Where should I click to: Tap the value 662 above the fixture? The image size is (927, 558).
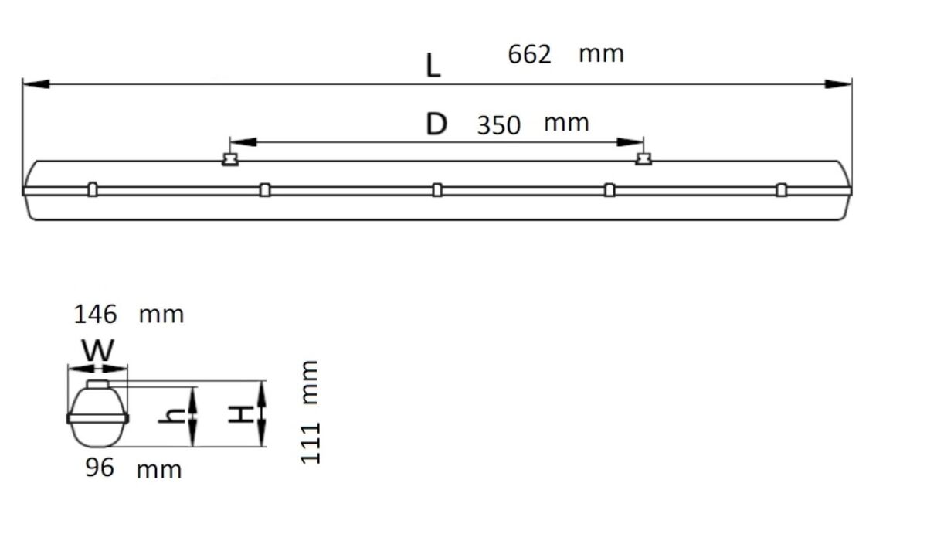[530, 54]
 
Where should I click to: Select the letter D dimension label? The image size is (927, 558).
[436, 124]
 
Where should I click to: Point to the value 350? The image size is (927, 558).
[498, 125]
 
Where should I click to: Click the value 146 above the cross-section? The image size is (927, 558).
[95, 315]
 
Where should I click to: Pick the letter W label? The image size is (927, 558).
[98, 352]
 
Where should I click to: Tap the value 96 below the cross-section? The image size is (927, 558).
[100, 468]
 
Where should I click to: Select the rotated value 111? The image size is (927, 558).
[310, 444]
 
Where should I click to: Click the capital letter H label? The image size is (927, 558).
[241, 415]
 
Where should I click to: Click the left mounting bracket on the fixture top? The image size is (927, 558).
[229, 159]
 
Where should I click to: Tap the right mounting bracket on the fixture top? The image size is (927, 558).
[643, 159]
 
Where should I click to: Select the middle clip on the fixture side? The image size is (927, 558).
[437, 190]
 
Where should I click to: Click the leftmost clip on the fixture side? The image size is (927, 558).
[93, 190]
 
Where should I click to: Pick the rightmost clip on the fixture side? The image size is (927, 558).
[782, 190]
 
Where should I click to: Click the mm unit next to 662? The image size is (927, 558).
[601, 54]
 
